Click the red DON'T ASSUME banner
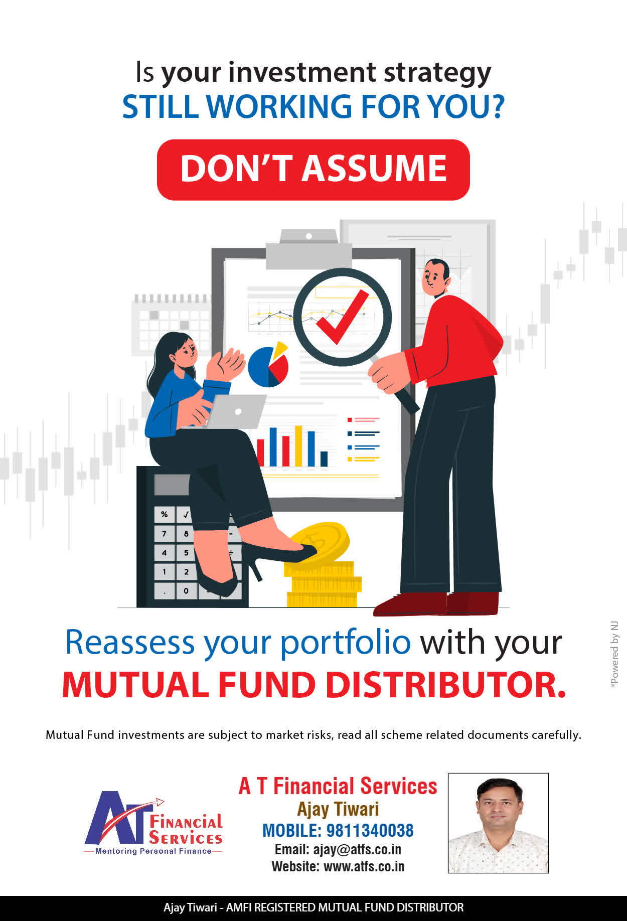pyautogui.click(x=314, y=170)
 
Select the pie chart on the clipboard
pyautogui.click(x=268, y=365)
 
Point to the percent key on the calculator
pyautogui.click(x=164, y=514)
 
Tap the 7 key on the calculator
pyautogui.click(x=164, y=534)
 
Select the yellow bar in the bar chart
pyautogui.click(x=298, y=445)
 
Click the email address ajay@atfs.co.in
pyautogui.click(x=357, y=849)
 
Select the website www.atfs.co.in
pyautogui.click(x=364, y=866)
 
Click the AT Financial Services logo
pyautogui.click(x=153, y=823)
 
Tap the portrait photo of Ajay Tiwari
pyautogui.click(x=498, y=823)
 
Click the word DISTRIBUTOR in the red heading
pyautogui.click(x=446, y=685)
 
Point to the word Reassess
pyautogui.click(x=130, y=642)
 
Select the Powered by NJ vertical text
pyautogui.click(x=614, y=655)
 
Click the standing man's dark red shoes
pyautogui.click(x=436, y=603)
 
